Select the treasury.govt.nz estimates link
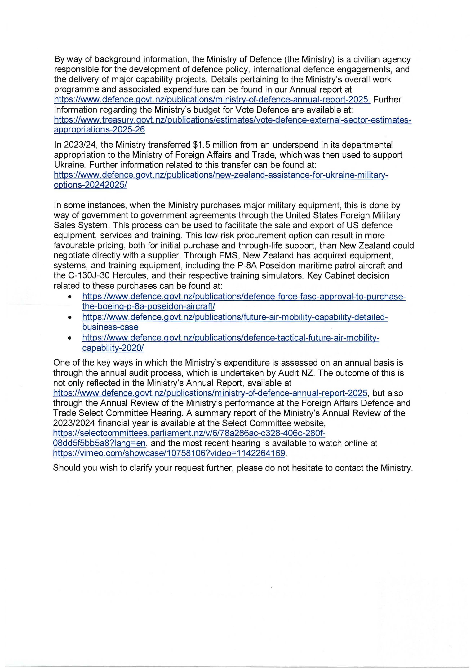click(x=233, y=120)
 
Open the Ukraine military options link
click(x=221, y=175)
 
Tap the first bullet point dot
click(x=70, y=297)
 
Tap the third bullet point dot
click(x=70, y=338)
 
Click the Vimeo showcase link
click(x=169, y=453)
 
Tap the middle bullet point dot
click(x=70, y=317)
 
